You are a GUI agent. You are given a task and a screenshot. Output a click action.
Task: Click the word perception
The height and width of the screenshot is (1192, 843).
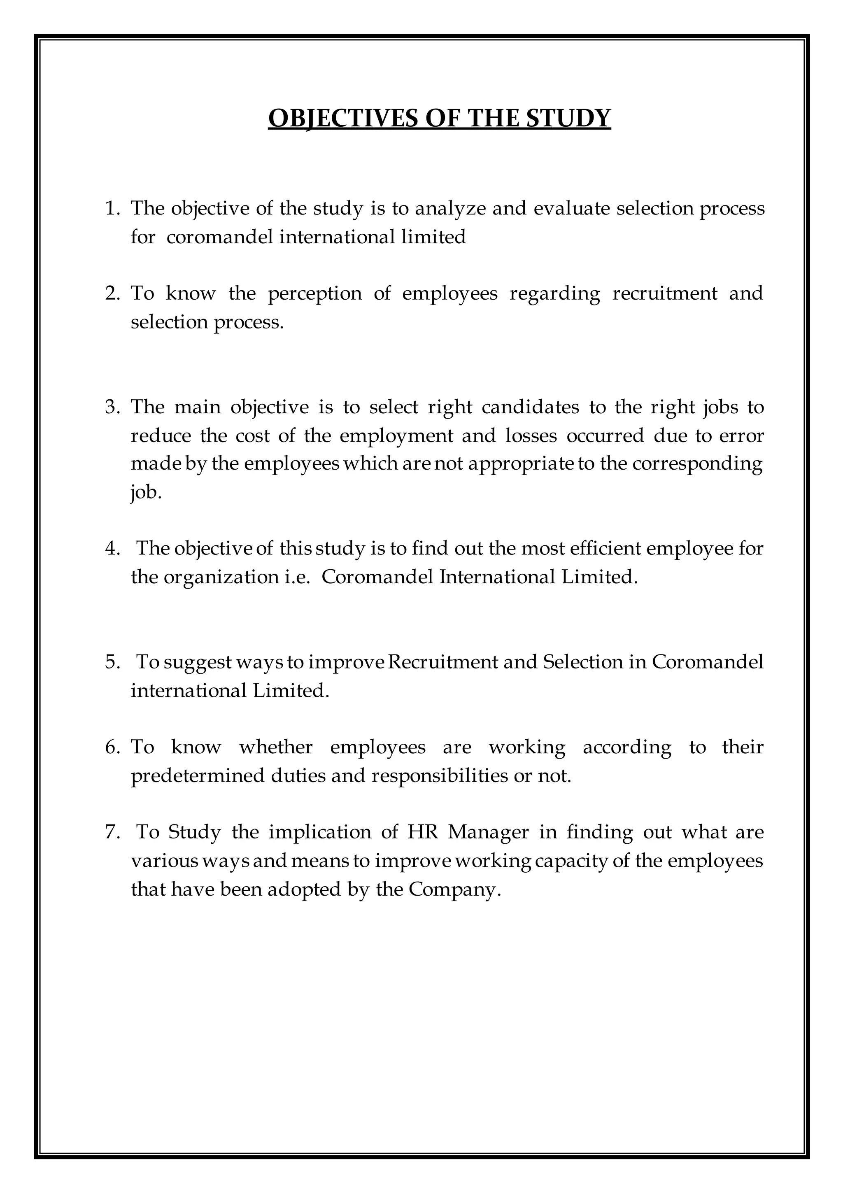coord(314,293)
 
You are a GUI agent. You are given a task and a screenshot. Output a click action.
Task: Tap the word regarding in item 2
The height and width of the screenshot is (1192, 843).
coord(554,293)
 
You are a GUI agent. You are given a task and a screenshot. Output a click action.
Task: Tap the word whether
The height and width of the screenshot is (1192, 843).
coord(276,747)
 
